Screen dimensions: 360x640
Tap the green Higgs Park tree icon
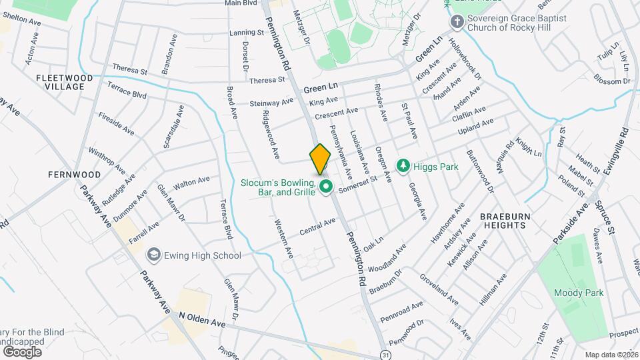pyautogui.click(x=403, y=165)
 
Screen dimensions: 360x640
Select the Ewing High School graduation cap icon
pyautogui.click(x=154, y=255)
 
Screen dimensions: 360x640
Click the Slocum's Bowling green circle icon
pyautogui.click(x=326, y=187)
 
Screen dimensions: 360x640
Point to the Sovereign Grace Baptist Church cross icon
pyautogui.click(x=457, y=22)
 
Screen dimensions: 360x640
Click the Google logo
pyautogui.click(x=22, y=351)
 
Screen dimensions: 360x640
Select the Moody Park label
pyautogui.click(x=573, y=293)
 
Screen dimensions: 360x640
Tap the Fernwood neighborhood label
pyautogui.click(x=74, y=175)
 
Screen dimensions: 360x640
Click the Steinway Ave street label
pyautogui.click(x=271, y=103)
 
